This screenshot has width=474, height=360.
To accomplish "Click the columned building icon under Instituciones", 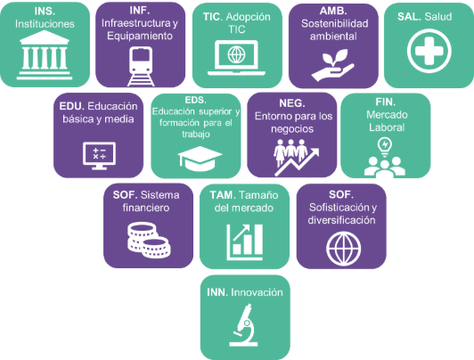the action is click(45, 55).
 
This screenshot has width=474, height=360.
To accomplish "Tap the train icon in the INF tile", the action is click(141, 67).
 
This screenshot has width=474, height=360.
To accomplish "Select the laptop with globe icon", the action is click(236, 58).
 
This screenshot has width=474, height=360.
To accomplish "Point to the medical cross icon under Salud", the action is click(429, 51).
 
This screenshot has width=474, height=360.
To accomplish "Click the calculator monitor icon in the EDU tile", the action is click(99, 156).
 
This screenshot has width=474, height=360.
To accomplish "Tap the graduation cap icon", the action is click(200, 159).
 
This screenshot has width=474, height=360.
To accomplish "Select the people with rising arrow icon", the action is click(296, 157).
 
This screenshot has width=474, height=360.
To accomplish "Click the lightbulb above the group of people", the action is click(385, 147).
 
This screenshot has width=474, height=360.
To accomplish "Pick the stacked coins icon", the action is click(149, 241).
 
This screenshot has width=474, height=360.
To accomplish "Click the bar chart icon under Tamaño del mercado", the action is click(244, 242).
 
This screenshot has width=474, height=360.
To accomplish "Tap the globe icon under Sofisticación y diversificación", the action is click(343, 249).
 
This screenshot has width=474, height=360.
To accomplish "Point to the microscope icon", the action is click(244, 325).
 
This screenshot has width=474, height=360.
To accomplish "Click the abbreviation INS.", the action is click(45, 12).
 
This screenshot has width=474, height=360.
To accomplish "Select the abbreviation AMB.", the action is click(333, 11).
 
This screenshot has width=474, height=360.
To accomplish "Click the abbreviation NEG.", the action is click(292, 103).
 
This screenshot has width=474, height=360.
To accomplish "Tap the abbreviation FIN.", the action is click(386, 102).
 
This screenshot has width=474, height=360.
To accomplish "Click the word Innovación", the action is click(257, 292).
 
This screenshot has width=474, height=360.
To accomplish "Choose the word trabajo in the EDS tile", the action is click(196, 134).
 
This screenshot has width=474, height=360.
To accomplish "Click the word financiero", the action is click(146, 208).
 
